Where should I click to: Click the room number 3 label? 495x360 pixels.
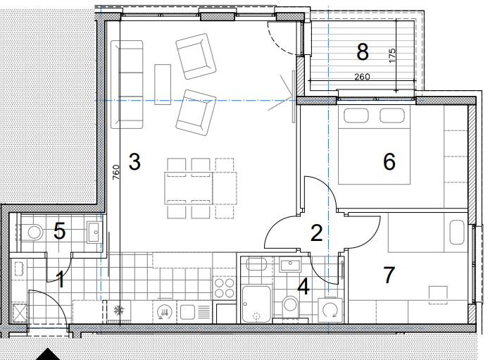134,162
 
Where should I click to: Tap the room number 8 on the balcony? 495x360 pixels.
363,52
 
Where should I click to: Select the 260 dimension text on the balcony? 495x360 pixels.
362,76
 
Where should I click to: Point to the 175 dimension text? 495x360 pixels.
391,55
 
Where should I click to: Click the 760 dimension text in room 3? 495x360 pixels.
116,172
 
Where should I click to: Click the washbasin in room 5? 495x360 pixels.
95,232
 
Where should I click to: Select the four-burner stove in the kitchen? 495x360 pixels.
224,288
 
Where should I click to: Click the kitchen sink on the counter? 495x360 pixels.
188,311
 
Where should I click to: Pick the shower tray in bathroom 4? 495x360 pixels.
256,304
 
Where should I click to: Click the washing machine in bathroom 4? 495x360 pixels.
330,310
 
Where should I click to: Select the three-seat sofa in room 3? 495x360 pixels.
127,85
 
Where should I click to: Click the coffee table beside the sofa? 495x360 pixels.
163,85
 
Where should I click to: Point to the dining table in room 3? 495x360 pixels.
201,188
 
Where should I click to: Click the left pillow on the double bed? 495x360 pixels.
356,116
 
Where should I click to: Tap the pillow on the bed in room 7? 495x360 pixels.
456,232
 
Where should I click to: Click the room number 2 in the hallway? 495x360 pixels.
317,232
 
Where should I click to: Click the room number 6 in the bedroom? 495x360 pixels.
389,161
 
